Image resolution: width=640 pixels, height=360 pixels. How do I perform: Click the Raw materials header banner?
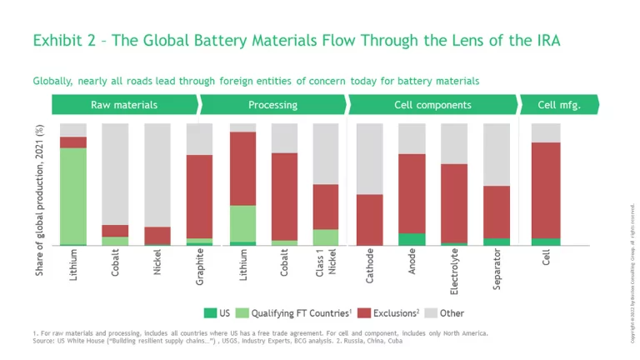(x=124, y=105)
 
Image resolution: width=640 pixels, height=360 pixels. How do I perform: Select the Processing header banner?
(x=272, y=105)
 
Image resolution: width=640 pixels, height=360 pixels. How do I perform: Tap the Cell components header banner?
(x=432, y=105)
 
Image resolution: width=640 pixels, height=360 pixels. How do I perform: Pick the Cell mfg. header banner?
(x=558, y=105)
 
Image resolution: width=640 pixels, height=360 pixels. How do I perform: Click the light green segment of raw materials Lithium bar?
(x=73, y=196)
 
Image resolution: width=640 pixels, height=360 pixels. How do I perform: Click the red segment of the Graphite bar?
(x=199, y=197)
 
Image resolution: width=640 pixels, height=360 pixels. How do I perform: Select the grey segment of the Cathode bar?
(x=369, y=159)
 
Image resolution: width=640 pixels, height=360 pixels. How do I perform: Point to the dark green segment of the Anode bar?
(x=412, y=239)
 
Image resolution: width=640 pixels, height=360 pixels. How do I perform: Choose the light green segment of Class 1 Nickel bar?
(x=326, y=237)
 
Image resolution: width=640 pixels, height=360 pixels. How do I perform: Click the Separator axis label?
(x=497, y=270)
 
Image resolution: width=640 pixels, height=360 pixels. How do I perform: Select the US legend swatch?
(x=211, y=313)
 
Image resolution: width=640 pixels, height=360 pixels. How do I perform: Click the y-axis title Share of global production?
(x=39, y=201)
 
